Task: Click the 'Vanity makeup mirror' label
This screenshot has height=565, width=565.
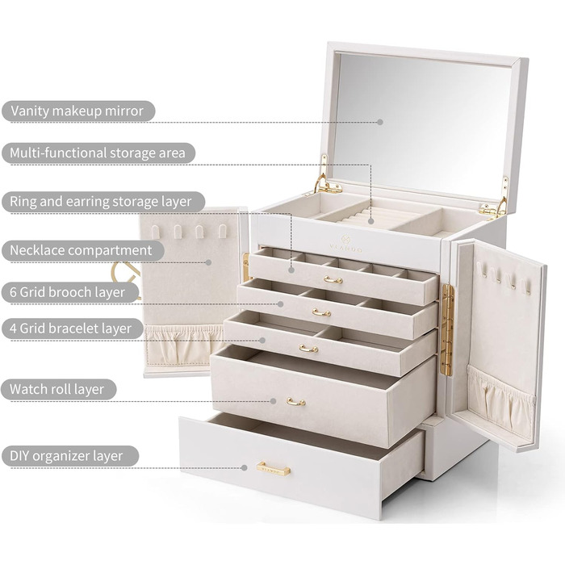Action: [x=77, y=111]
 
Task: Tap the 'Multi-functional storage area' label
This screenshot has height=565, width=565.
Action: [x=98, y=153]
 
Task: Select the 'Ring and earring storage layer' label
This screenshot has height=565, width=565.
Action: [x=101, y=201]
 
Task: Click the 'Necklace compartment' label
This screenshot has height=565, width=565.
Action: [x=81, y=250]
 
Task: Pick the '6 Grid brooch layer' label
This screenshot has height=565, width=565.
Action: [x=67, y=292]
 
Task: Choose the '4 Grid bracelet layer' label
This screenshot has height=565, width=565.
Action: [x=70, y=329]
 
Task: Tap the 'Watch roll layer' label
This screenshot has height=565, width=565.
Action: [x=56, y=389]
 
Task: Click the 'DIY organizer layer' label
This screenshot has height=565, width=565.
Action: [x=66, y=456]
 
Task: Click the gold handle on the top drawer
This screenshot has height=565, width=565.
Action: [x=333, y=279]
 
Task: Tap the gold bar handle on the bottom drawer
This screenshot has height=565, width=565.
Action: [x=274, y=469]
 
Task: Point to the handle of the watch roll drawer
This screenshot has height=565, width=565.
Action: [x=296, y=402]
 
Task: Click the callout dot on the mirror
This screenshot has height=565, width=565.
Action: [x=380, y=122]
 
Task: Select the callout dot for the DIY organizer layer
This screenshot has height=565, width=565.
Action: [x=245, y=467]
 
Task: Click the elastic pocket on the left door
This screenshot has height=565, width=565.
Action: [x=184, y=345]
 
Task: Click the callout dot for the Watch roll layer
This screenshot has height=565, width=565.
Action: [x=273, y=401]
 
